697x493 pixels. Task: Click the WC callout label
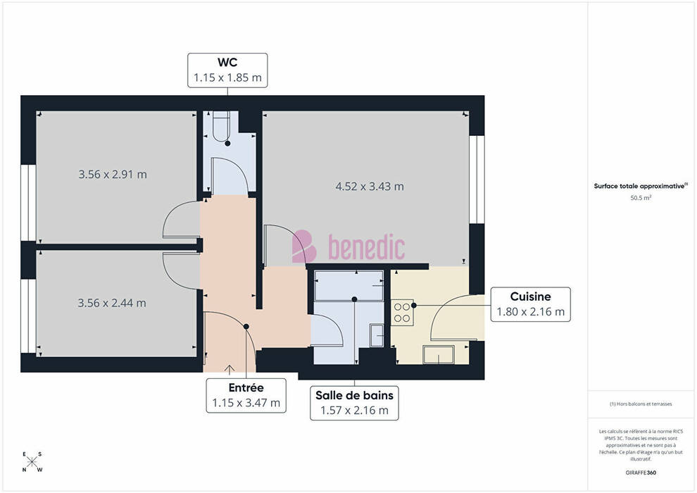227,70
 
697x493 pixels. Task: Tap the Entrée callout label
246,396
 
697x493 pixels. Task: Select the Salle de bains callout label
354,403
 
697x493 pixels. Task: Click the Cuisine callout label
530,304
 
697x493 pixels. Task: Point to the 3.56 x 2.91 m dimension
113,174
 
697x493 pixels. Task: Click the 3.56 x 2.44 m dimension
112,303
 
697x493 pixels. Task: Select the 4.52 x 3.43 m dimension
370,186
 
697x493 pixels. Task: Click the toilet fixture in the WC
221,126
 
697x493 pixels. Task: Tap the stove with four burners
402,312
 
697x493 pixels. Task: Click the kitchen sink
439,355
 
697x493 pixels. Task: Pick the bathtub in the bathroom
349,285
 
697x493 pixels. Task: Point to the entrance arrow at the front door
230,370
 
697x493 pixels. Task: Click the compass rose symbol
32,462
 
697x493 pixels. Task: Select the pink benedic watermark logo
348,246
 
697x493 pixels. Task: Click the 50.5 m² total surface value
641,198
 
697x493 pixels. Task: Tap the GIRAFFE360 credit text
641,473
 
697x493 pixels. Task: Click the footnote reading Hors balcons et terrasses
641,404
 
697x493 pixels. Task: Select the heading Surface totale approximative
641,186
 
